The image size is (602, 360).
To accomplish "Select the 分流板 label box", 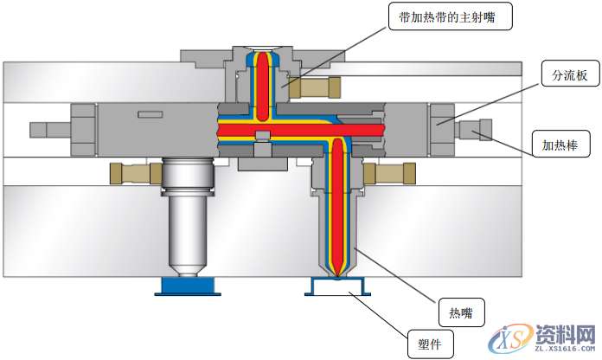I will (565, 76).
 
